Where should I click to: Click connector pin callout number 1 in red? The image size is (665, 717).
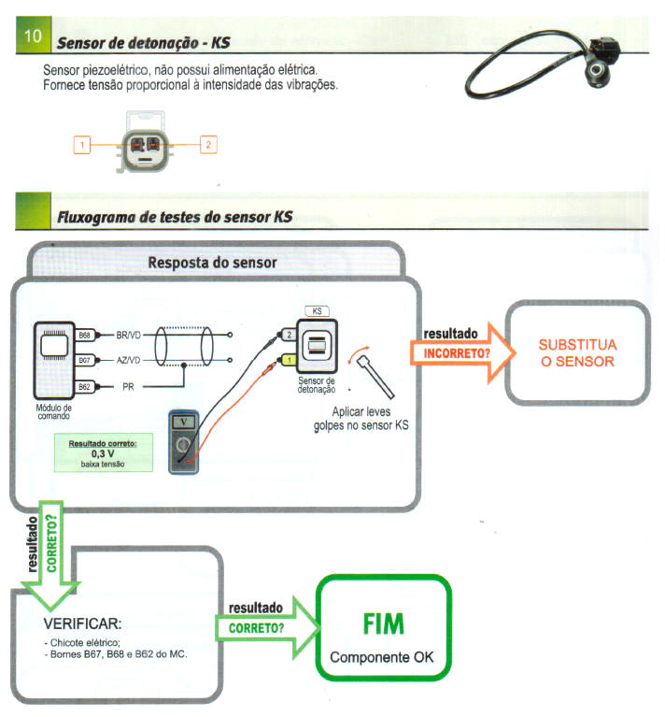click(83, 145)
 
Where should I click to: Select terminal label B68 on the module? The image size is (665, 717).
click(84, 335)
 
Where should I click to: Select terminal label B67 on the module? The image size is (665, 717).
click(84, 360)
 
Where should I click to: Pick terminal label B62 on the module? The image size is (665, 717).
click(84, 385)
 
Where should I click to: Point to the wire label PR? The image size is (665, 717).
click(129, 385)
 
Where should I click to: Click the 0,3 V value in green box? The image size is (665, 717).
click(103, 453)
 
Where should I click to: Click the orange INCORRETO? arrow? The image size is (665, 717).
click(458, 354)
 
